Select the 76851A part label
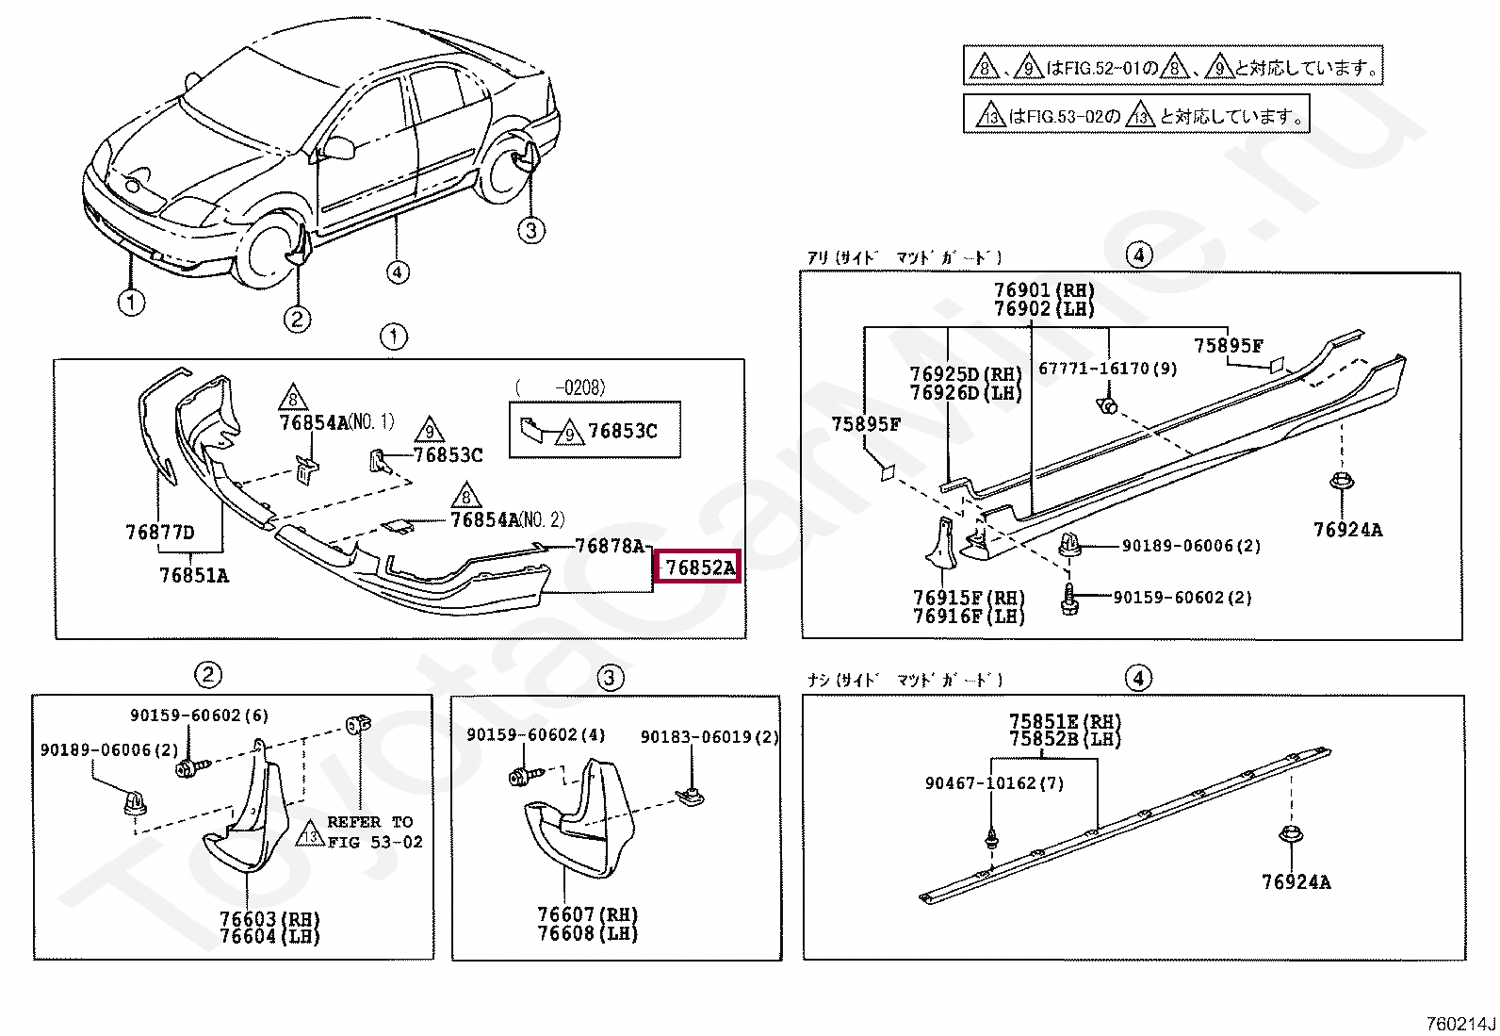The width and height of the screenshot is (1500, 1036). [x=194, y=575]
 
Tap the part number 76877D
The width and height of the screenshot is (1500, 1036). [x=160, y=533]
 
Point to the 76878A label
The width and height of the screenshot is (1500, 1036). [x=610, y=546]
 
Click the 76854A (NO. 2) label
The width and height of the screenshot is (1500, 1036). [x=507, y=519]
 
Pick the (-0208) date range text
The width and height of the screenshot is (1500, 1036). [x=561, y=387]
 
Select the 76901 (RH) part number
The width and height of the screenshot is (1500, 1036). [x=1044, y=290]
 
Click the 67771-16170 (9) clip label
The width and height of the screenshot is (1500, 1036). [x=1108, y=369]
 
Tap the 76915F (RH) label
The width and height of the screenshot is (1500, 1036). [x=969, y=598]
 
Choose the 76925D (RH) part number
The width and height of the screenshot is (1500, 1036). [x=966, y=374]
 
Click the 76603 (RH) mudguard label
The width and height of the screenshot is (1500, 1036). [x=269, y=919]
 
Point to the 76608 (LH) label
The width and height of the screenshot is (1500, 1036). [x=587, y=934]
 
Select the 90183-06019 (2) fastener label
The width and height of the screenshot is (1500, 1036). [x=709, y=737]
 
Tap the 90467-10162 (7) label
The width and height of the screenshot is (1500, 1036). [x=994, y=783]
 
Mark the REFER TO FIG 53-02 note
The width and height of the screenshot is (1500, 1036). [x=374, y=831]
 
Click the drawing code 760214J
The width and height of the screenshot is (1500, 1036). [x=1460, y=1024]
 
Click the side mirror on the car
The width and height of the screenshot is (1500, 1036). [x=338, y=147]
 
